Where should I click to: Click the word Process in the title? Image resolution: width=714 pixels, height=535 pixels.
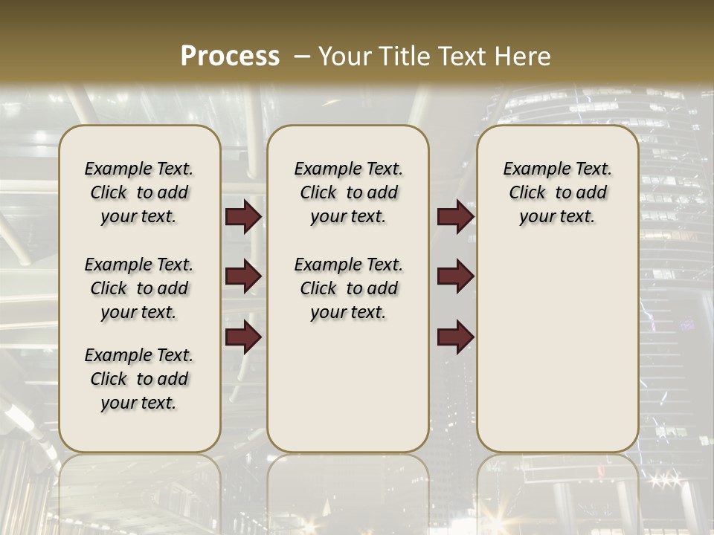(230, 56)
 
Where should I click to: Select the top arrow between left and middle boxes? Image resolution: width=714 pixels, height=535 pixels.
(243, 217)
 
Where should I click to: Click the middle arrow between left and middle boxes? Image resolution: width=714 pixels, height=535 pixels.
(243, 276)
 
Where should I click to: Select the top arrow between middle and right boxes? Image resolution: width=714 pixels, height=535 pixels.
(455, 217)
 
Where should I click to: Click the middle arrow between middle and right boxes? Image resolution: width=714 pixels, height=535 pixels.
(455, 276)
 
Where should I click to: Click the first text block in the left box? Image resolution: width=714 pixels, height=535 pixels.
(139, 192)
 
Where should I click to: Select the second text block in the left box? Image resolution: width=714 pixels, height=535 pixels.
(139, 288)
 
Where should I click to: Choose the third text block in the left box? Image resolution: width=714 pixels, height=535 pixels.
(139, 379)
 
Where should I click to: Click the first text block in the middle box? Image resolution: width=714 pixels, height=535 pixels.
(348, 192)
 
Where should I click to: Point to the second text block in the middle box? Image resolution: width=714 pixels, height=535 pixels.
(348, 288)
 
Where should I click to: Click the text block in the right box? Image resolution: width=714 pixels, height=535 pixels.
(557, 192)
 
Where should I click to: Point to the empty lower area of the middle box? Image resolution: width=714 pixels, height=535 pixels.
(348, 386)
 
